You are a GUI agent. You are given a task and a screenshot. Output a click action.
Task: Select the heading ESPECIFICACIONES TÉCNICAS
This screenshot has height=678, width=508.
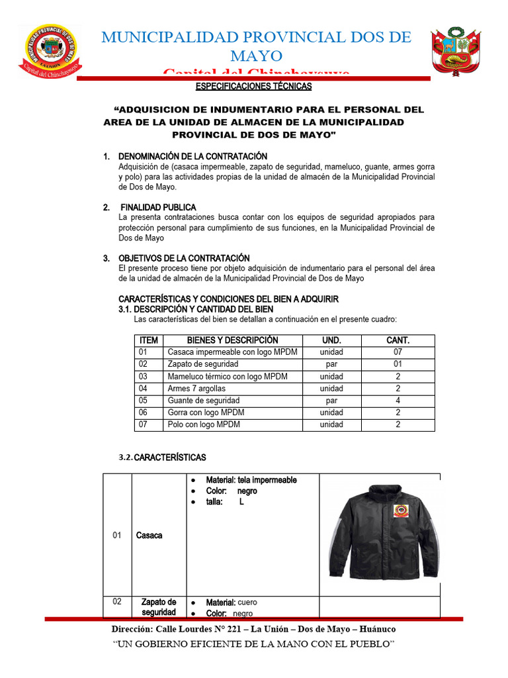(254, 86)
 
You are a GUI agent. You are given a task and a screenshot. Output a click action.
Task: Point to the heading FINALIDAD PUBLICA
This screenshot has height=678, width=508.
(158, 207)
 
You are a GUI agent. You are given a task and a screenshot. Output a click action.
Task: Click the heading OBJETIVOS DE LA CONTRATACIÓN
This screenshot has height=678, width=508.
(184, 258)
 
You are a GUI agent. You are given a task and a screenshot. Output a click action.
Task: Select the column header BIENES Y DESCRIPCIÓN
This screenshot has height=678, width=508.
(228, 340)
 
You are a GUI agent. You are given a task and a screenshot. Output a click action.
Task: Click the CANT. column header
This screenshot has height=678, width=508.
(398, 340)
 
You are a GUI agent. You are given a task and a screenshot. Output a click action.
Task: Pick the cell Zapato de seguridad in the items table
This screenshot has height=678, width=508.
(203, 364)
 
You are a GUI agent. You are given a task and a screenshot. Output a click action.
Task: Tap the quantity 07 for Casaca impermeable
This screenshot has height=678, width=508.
(398, 352)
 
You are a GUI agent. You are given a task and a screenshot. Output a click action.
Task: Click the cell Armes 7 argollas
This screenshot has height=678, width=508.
(196, 389)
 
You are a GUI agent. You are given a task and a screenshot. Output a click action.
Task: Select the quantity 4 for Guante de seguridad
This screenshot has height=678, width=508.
(398, 401)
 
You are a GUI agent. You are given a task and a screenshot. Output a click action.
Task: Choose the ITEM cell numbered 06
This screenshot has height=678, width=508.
(144, 412)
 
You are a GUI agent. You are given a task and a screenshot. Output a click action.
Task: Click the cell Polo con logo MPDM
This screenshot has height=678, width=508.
(204, 424)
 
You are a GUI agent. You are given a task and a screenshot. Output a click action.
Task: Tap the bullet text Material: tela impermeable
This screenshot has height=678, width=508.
(251, 480)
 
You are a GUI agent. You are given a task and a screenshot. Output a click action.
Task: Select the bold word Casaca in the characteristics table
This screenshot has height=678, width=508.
(149, 535)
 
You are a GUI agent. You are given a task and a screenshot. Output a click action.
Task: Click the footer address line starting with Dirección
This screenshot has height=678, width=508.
(254, 628)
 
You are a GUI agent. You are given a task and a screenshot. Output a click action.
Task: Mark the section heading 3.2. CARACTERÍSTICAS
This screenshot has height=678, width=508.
(162, 458)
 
